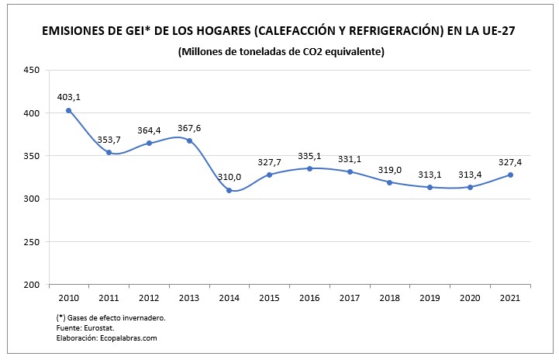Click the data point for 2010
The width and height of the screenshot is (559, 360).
click(x=68, y=110)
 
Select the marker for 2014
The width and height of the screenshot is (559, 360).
click(x=229, y=190)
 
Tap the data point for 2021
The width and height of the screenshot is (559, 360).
click(x=510, y=175)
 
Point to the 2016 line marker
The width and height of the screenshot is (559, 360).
click(x=309, y=168)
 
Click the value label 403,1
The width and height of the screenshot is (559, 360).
click(x=68, y=97)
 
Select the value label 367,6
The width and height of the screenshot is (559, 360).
click(x=189, y=127)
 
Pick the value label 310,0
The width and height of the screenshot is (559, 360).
click(x=229, y=177)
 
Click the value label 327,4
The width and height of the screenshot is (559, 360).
click(x=510, y=162)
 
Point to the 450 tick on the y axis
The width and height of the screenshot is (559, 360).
click(x=32, y=70)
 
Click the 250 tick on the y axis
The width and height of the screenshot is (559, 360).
click(x=32, y=242)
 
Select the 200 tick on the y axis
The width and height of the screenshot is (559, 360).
click(x=32, y=285)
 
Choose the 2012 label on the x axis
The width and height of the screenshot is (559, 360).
click(x=149, y=298)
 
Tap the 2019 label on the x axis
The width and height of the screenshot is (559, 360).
click(x=430, y=298)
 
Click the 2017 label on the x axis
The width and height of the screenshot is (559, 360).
click(x=350, y=298)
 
